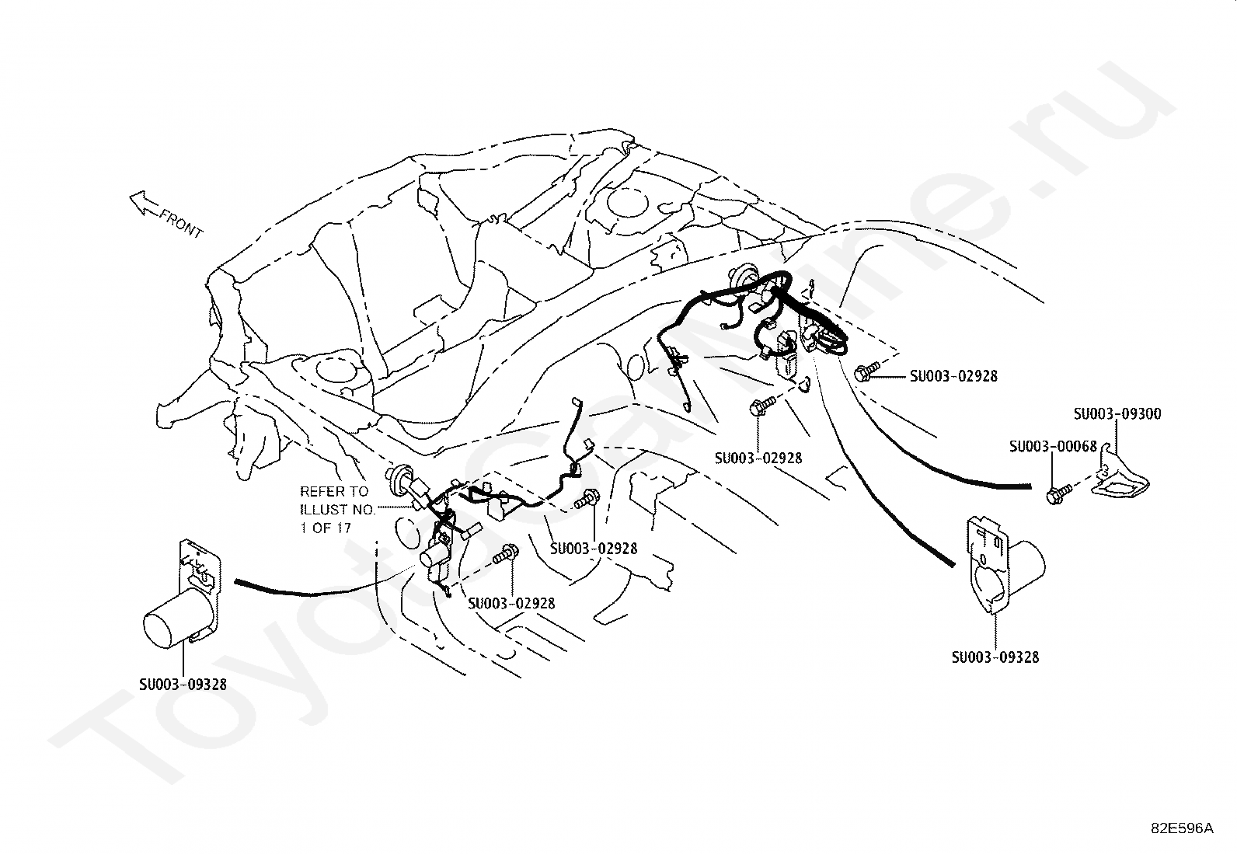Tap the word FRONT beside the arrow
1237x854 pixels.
click(180, 222)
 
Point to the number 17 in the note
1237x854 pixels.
click(342, 528)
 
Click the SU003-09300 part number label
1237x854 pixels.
click(1117, 414)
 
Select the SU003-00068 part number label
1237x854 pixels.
click(1053, 446)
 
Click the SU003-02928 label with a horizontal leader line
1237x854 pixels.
click(953, 376)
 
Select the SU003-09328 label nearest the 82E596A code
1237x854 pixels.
click(995, 657)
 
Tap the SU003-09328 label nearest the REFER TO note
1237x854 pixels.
click(183, 685)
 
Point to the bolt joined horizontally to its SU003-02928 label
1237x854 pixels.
click(865, 372)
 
